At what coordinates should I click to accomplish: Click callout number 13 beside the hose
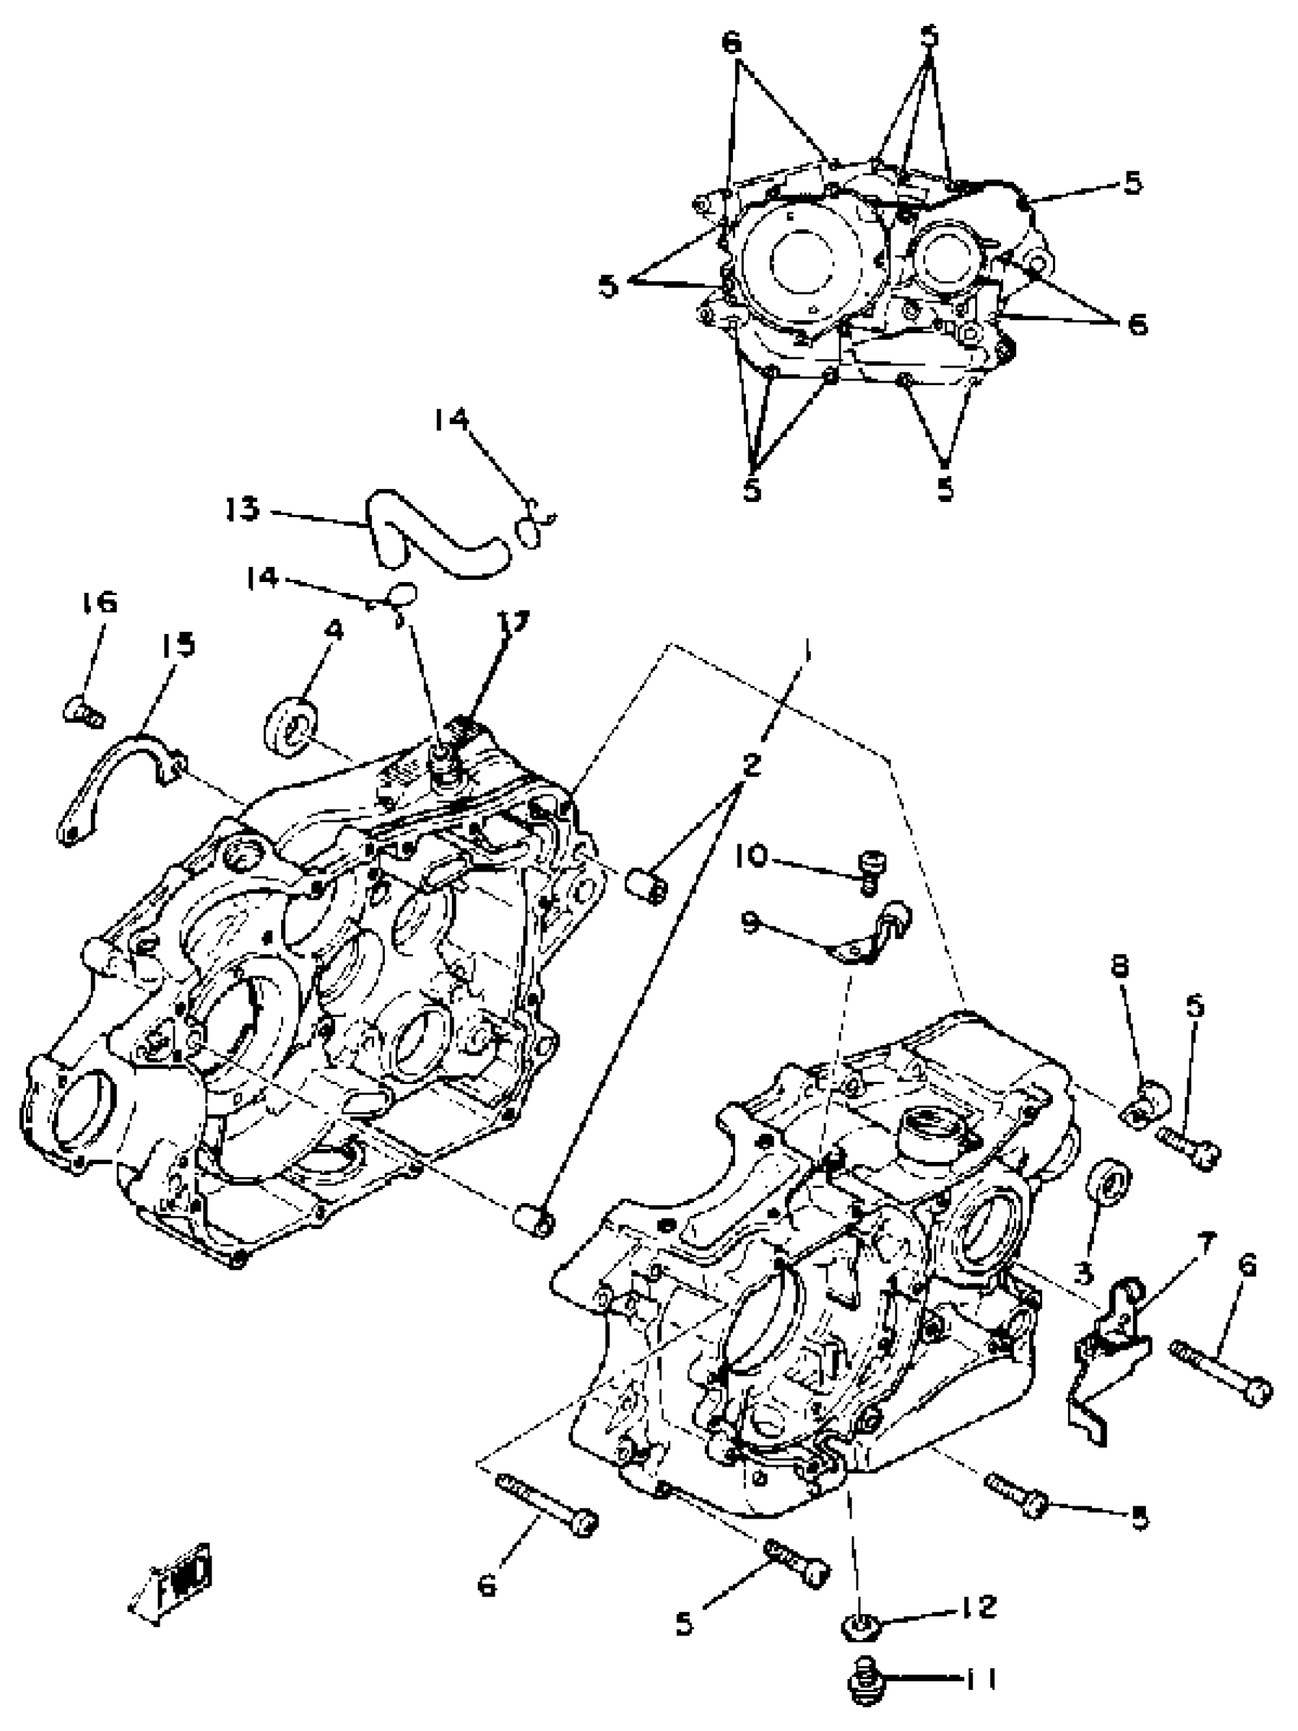click(x=242, y=510)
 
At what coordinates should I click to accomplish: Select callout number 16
click(x=98, y=602)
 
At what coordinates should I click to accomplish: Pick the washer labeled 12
click(x=860, y=1627)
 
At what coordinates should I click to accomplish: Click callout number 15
click(x=178, y=645)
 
